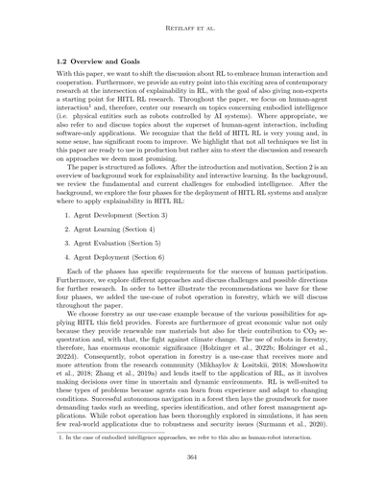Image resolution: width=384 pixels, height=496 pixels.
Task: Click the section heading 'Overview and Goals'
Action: tap(111, 59)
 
